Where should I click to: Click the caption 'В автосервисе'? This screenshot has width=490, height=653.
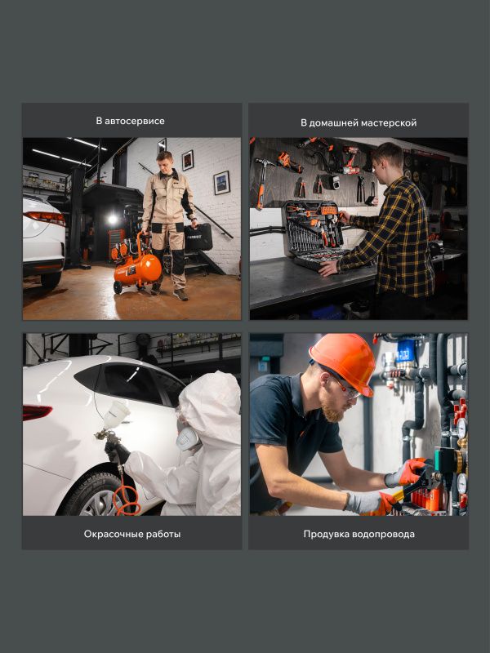point(130,121)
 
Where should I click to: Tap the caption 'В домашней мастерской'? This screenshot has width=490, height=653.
point(359,123)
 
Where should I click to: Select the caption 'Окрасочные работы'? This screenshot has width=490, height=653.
point(132,534)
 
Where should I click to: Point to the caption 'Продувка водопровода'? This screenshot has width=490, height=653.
point(359,534)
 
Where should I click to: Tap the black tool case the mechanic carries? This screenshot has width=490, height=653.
point(198,237)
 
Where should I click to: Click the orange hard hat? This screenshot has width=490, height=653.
point(344,362)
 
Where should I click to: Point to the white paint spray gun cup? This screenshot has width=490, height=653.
point(116,415)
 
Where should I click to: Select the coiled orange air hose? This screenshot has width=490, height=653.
point(125,498)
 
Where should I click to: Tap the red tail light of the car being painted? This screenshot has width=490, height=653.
point(37,412)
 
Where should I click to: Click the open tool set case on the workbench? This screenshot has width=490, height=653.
point(315,234)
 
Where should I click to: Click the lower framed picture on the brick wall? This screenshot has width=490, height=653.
point(221,183)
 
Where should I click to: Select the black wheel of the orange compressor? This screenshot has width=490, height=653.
point(118,287)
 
